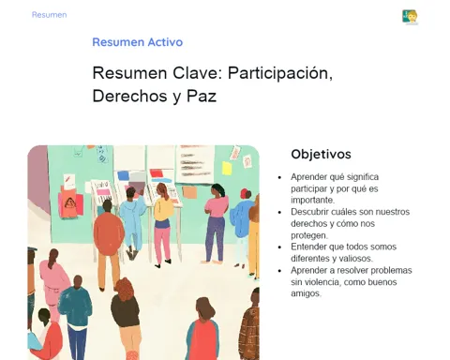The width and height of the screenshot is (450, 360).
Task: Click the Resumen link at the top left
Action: coord(49,15)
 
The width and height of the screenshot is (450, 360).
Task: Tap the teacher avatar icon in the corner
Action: coord(410,17)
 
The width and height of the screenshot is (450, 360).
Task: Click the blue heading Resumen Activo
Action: coord(138,42)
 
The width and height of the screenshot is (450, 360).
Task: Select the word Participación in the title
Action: coord(280,74)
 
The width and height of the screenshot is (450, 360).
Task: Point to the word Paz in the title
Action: coord(202,96)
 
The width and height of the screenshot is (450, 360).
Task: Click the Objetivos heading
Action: coord(321,154)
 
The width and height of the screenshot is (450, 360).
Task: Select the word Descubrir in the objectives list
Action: coord(307,212)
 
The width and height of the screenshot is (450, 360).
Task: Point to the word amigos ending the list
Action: coord(306,293)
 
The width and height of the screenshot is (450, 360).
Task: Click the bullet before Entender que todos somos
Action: coord(279,247)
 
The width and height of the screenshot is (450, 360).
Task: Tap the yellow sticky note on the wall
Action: coord(227,168)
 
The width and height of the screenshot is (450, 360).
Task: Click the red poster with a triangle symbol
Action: coord(70,205)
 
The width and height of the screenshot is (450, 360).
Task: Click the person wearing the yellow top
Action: coord(163,226)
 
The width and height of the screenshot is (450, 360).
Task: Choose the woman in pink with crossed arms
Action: coord(217,223)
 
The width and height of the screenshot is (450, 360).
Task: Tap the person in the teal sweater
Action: coord(75,316)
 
